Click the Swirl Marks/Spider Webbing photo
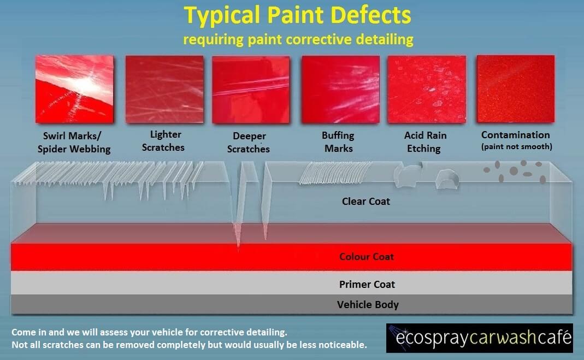[74, 89]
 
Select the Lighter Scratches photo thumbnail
[164, 89]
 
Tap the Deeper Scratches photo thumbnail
[250, 89]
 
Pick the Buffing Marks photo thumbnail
[340, 89]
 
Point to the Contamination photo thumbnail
[516, 89]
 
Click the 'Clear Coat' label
[366, 202]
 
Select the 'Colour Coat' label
[367, 257]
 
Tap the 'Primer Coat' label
[367, 285]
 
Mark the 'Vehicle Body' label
[368, 305]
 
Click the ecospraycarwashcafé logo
[480, 338]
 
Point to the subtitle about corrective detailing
[298, 40]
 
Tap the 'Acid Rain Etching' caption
[425, 141]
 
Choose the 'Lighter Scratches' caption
[167, 140]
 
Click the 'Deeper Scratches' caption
[250, 142]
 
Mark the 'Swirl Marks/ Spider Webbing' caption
[76, 142]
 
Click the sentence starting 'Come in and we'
[149, 332]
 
